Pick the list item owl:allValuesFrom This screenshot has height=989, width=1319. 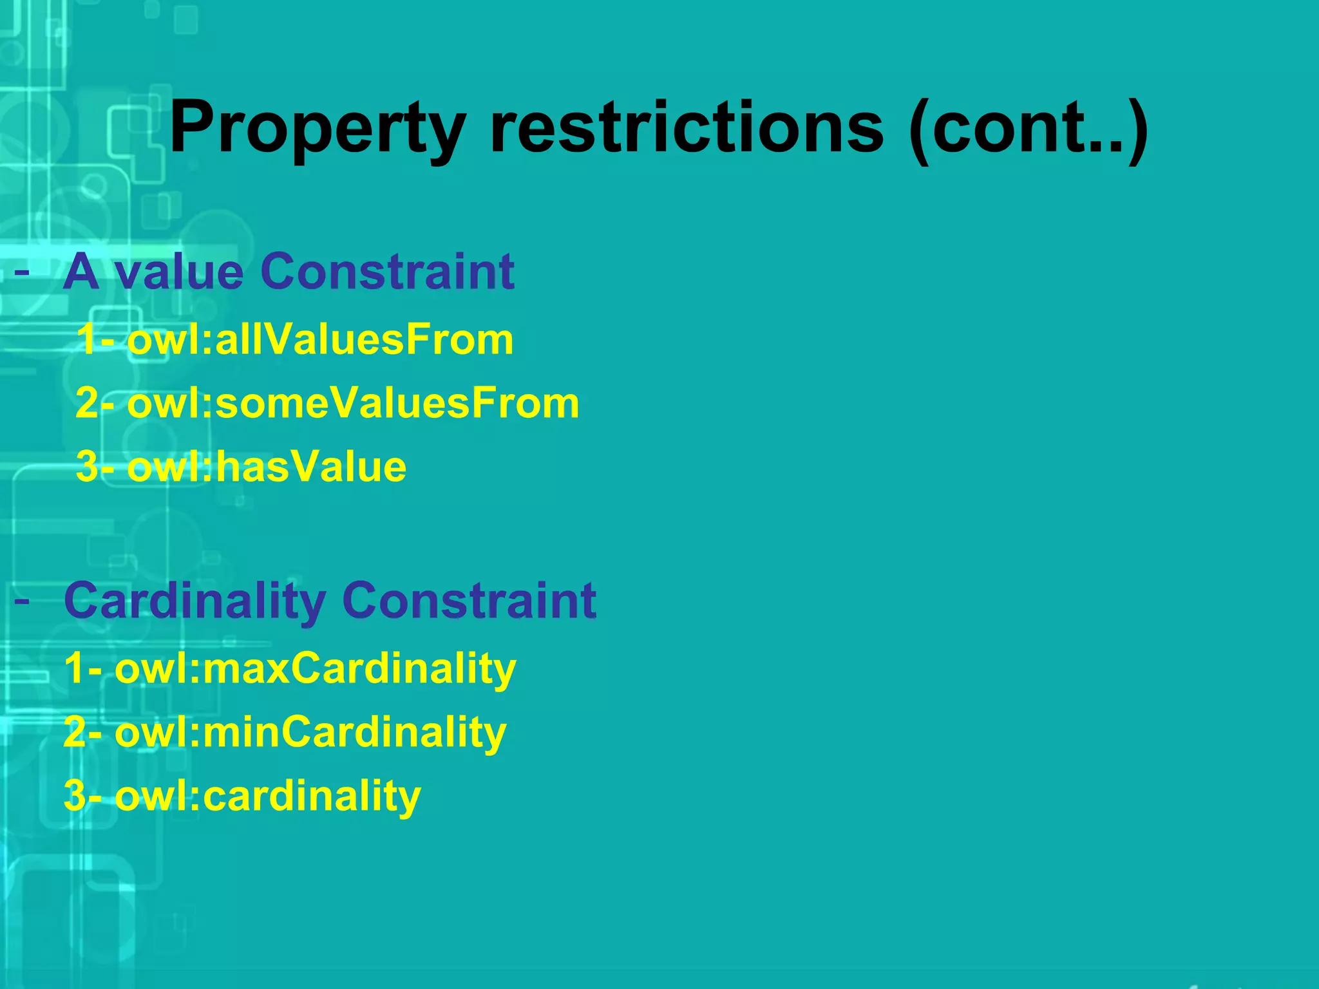[320, 340]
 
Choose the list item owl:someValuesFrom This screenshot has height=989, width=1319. [353, 404]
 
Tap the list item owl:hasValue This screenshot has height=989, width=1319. [267, 467]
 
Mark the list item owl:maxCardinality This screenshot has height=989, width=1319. [315, 669]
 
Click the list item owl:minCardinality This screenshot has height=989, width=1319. [310, 733]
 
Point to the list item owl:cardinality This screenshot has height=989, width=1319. [267, 796]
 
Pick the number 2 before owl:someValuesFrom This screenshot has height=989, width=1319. [87, 404]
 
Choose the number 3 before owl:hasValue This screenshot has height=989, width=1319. [87, 467]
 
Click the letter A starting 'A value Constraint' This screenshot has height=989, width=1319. [81, 272]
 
